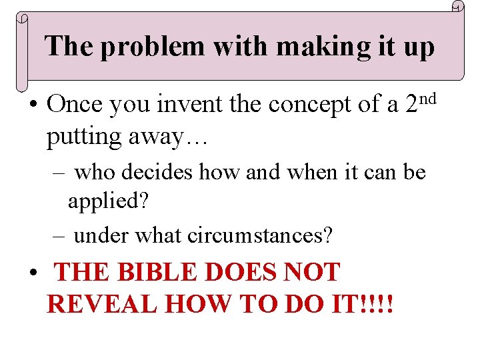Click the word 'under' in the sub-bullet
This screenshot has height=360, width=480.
101,235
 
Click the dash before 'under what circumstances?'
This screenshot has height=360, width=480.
58,235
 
